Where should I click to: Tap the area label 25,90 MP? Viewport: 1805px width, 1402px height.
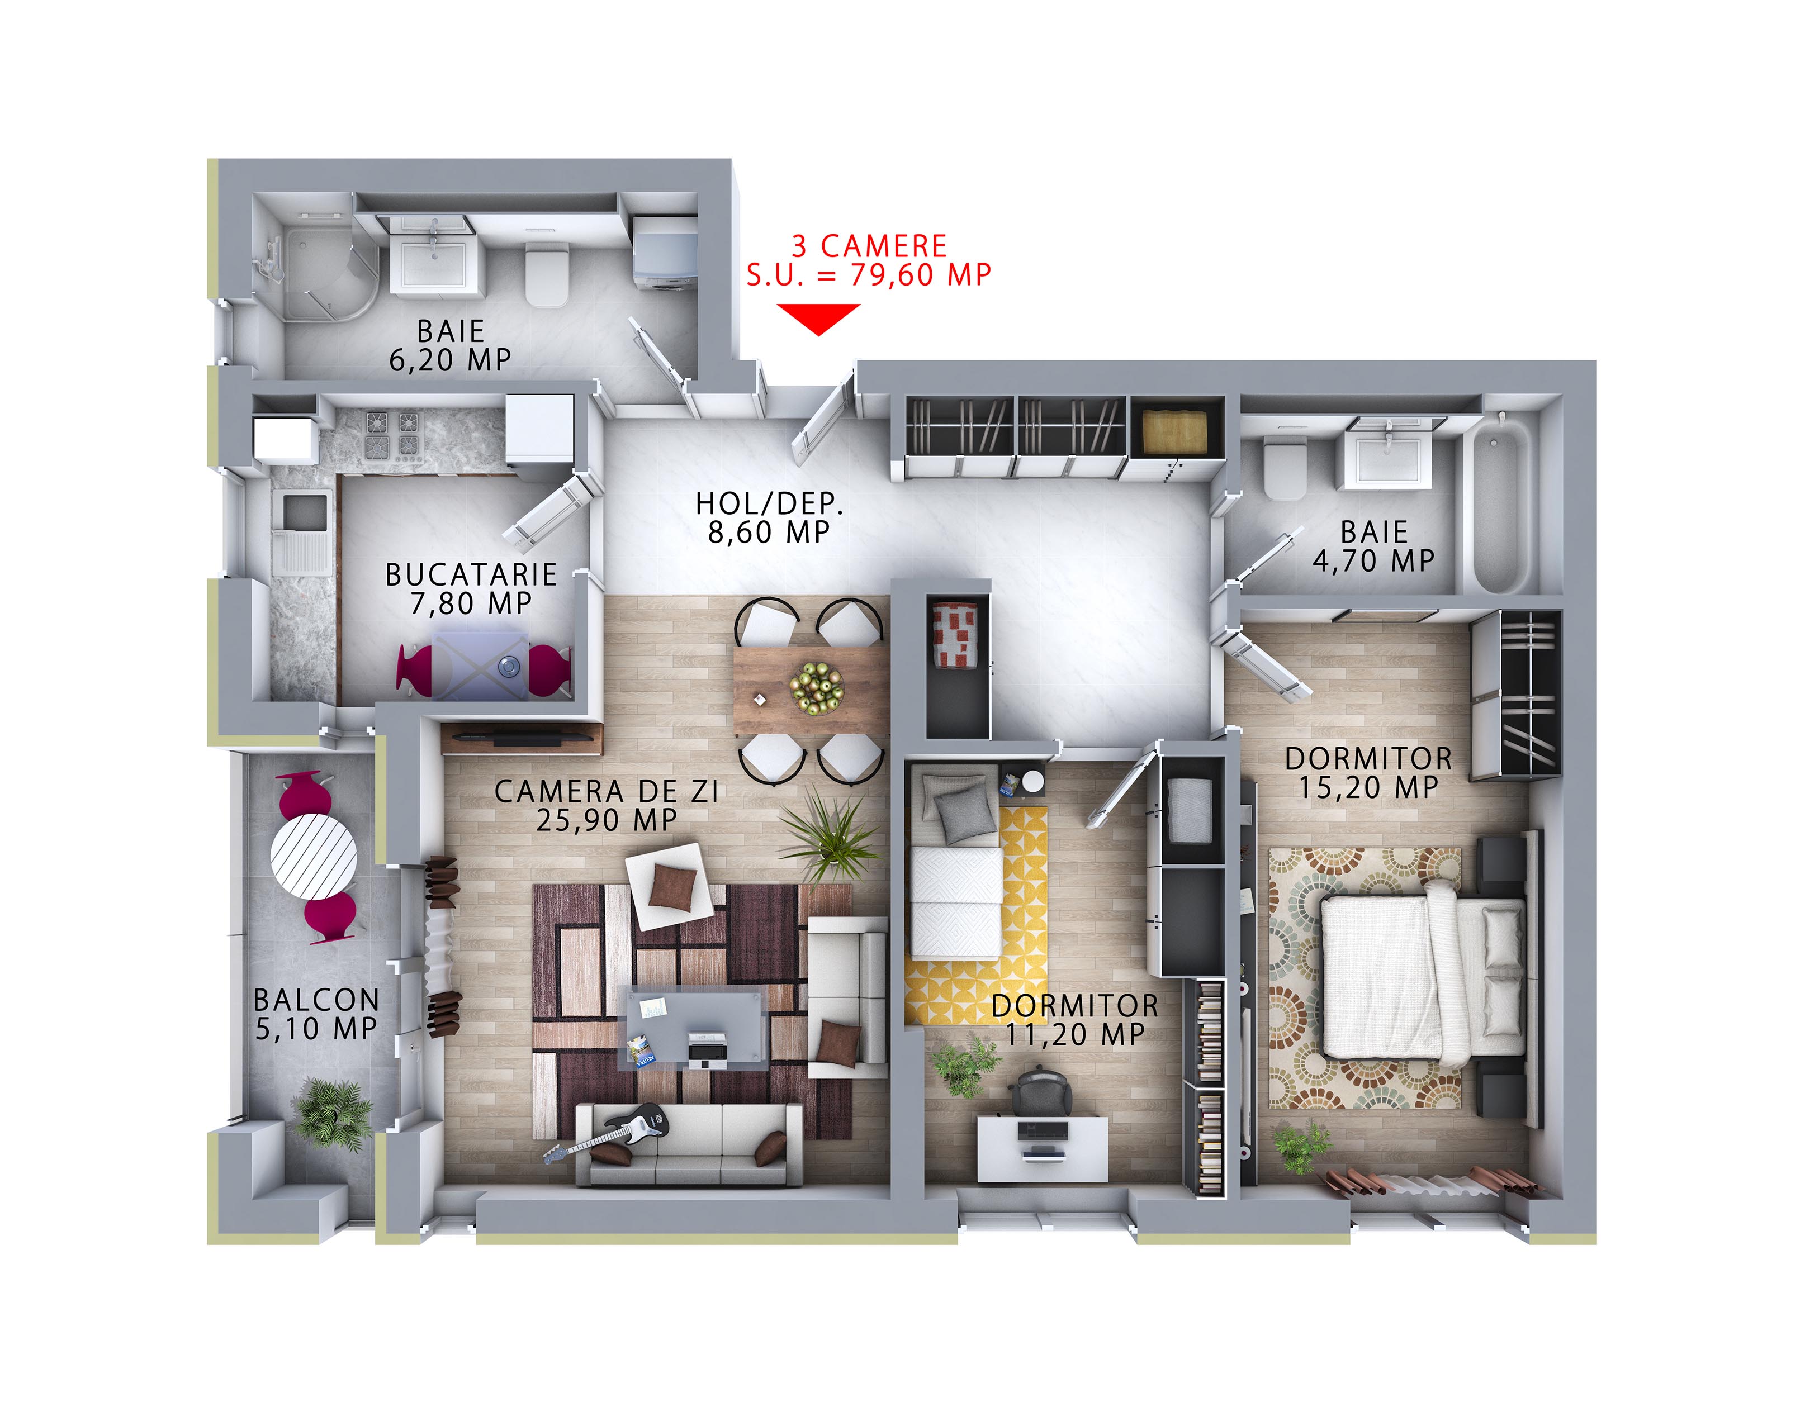(x=607, y=820)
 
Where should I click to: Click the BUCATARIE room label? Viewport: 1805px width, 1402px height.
(x=471, y=574)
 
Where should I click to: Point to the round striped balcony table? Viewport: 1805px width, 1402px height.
(x=314, y=856)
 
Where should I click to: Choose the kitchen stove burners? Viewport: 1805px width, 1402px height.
(x=392, y=435)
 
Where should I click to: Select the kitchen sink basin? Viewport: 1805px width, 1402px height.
(x=304, y=512)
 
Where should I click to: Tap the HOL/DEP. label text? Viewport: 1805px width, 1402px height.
(x=769, y=503)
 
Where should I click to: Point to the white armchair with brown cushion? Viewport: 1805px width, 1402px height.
(x=670, y=886)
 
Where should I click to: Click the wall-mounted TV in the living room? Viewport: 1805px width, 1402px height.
(x=522, y=738)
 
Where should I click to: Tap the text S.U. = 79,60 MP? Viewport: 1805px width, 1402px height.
(x=869, y=274)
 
